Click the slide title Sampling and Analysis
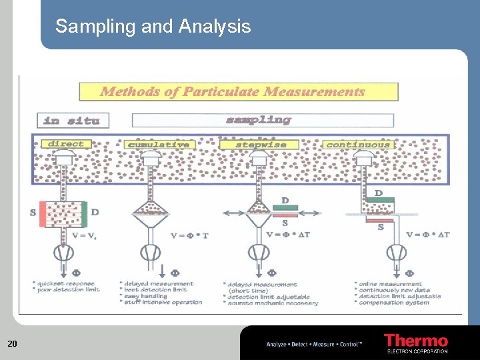point(153,27)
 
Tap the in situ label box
point(72,121)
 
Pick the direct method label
point(66,144)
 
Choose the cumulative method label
point(159,145)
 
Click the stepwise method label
point(261,145)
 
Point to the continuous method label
point(357,145)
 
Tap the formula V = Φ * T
point(189,235)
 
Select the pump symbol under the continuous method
point(397,252)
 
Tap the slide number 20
point(12,344)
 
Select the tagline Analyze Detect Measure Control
point(314,344)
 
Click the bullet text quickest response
point(66,283)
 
